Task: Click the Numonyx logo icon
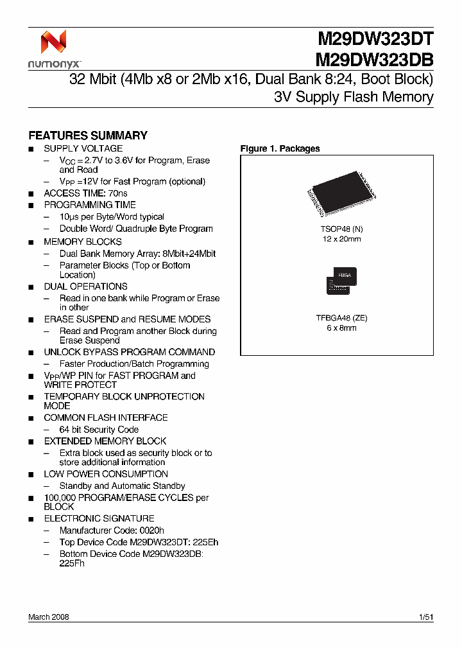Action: pyautogui.click(x=53, y=42)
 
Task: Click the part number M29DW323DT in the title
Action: pyautogui.click(x=375, y=40)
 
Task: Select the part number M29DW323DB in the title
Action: pyautogui.click(x=375, y=60)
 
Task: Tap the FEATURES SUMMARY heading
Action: pyautogui.click(x=88, y=136)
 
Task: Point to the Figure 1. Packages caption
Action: pyautogui.click(x=280, y=148)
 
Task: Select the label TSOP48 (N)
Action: pyautogui.click(x=341, y=229)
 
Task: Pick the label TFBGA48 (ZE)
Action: pyautogui.click(x=341, y=318)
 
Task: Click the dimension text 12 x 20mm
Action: pyautogui.click(x=341, y=239)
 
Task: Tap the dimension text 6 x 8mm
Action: pyautogui.click(x=341, y=328)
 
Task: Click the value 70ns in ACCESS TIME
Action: pyautogui.click(x=116, y=193)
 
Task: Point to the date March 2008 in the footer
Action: pyautogui.click(x=49, y=617)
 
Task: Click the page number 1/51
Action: pyautogui.click(x=425, y=617)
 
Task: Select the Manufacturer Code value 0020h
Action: pyautogui.click(x=151, y=531)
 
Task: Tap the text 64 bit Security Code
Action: pyautogui.click(x=99, y=429)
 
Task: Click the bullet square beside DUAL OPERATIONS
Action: pyautogui.click(x=31, y=287)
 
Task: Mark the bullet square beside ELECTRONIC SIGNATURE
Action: pyautogui.click(x=31, y=519)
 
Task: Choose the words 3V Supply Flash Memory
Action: pyautogui.click(x=354, y=98)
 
